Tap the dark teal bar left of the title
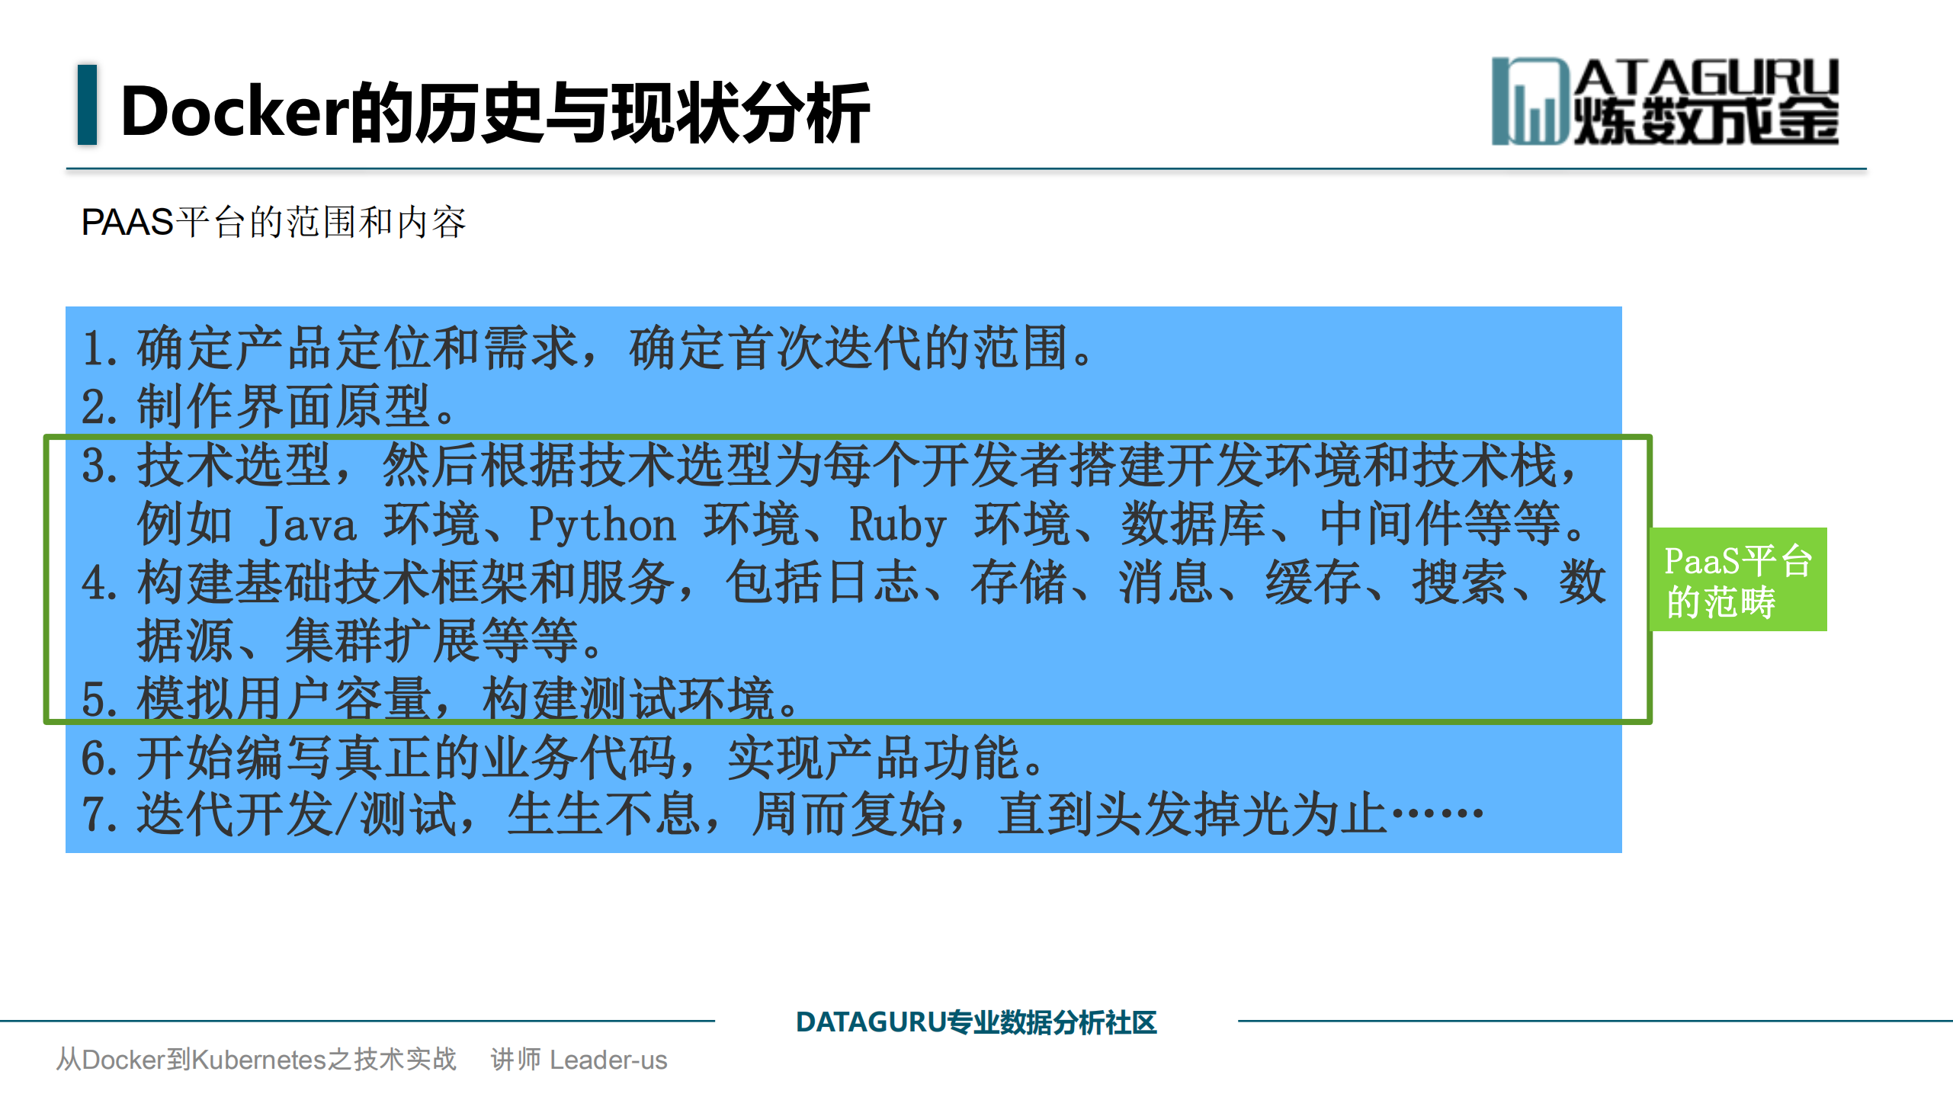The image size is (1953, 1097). (88, 105)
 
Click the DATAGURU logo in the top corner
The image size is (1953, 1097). (1665, 102)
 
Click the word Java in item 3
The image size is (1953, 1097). (307, 525)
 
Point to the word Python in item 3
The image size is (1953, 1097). (602, 525)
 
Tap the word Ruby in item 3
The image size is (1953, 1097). (897, 525)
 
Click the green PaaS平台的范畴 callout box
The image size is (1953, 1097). (1737, 579)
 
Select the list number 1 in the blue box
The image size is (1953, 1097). (95, 349)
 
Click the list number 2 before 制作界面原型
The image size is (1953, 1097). (95, 408)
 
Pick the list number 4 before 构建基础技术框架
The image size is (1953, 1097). (95, 584)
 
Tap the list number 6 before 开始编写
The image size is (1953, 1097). (95, 759)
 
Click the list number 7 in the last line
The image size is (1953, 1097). (95, 816)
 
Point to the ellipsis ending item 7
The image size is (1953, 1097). (1438, 814)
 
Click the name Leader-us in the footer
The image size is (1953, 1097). (608, 1060)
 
